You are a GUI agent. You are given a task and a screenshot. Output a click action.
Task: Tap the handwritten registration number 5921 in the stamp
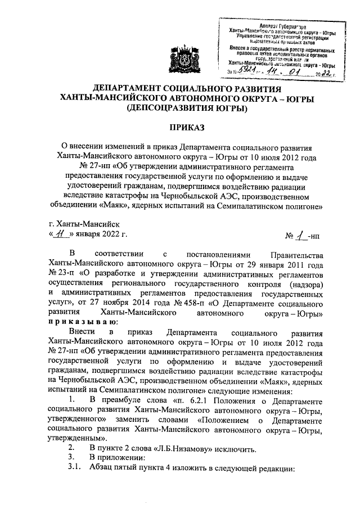click(x=246, y=72)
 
